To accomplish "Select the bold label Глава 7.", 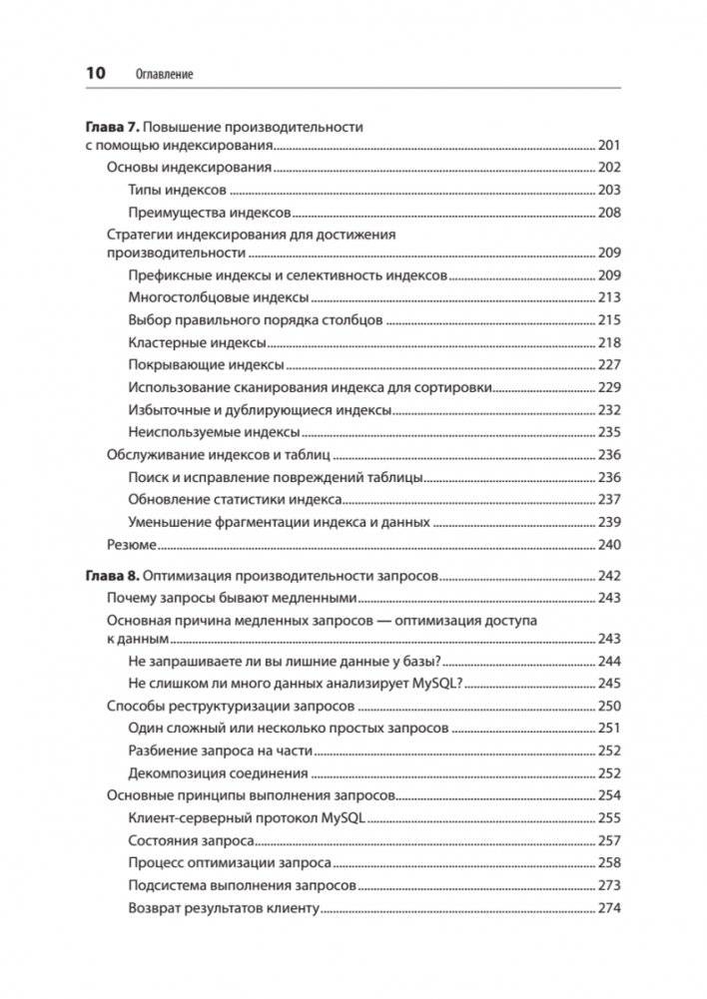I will [x=106, y=127].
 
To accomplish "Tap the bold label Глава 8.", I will [x=106, y=576].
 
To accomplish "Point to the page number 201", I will [x=608, y=146].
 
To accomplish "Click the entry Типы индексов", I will [x=178, y=190].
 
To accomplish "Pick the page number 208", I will [x=608, y=212].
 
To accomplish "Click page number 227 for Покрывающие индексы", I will [x=608, y=363].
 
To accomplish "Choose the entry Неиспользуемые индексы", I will [x=214, y=431].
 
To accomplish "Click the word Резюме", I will [x=131, y=544].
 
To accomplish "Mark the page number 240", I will [x=608, y=544].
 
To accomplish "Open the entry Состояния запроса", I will [x=190, y=840].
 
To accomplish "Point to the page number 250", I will [x=608, y=706].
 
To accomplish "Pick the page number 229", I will [x=608, y=386].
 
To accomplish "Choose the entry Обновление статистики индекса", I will [x=235, y=499].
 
